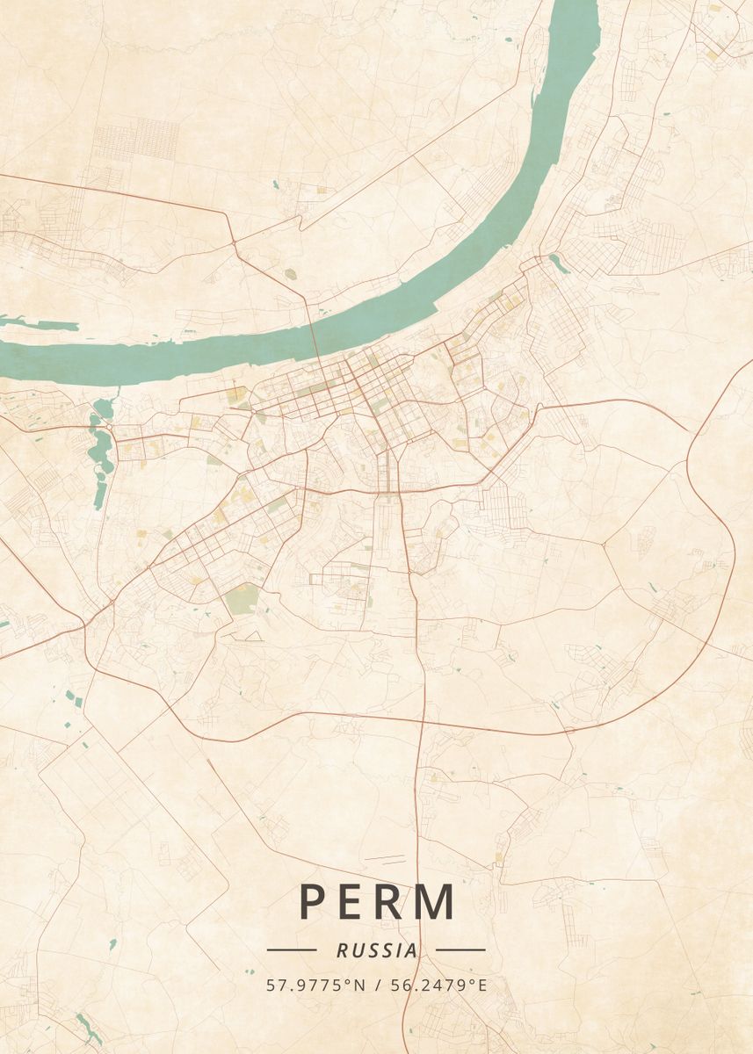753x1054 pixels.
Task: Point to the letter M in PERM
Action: [x=437, y=901]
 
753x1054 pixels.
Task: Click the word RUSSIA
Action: [x=376, y=950]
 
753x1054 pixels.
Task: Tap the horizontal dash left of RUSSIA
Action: [x=292, y=949]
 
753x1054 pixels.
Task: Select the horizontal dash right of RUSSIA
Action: [x=460, y=949]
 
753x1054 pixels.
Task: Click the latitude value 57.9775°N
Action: [x=315, y=985]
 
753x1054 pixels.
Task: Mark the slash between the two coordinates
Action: [x=376, y=985]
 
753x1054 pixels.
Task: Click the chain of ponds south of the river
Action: [x=98, y=448]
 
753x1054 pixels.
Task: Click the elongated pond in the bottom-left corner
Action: [x=89, y=1026]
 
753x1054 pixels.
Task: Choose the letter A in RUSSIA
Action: [x=410, y=950]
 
